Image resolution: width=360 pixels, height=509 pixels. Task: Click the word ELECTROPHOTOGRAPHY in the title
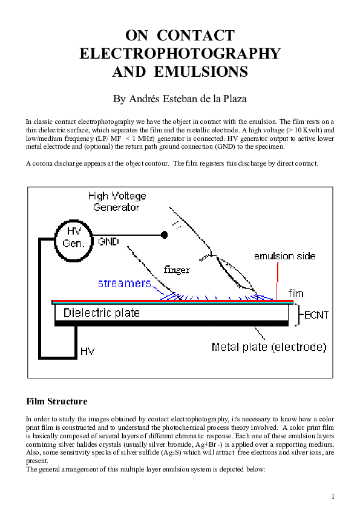coord(180,53)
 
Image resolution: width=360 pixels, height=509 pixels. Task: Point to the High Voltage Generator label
coord(117,202)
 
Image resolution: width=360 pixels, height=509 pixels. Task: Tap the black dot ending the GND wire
coord(163,235)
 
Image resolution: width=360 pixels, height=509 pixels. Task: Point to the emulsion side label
coord(284,256)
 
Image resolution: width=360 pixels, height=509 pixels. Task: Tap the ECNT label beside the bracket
coord(316,315)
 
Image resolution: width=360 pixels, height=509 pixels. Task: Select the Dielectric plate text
coord(101,313)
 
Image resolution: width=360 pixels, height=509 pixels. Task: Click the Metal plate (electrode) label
coord(269,347)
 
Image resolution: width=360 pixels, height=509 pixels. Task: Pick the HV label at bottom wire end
coord(87,351)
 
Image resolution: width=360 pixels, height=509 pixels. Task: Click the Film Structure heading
coord(56,401)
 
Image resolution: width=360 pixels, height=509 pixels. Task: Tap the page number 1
coord(333,496)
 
